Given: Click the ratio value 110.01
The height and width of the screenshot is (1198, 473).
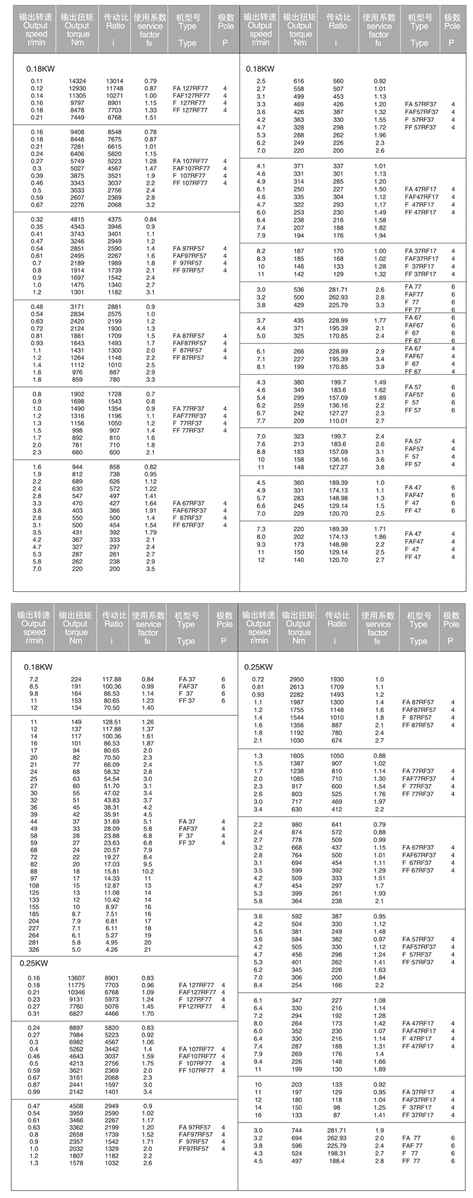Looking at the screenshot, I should (338, 421).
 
